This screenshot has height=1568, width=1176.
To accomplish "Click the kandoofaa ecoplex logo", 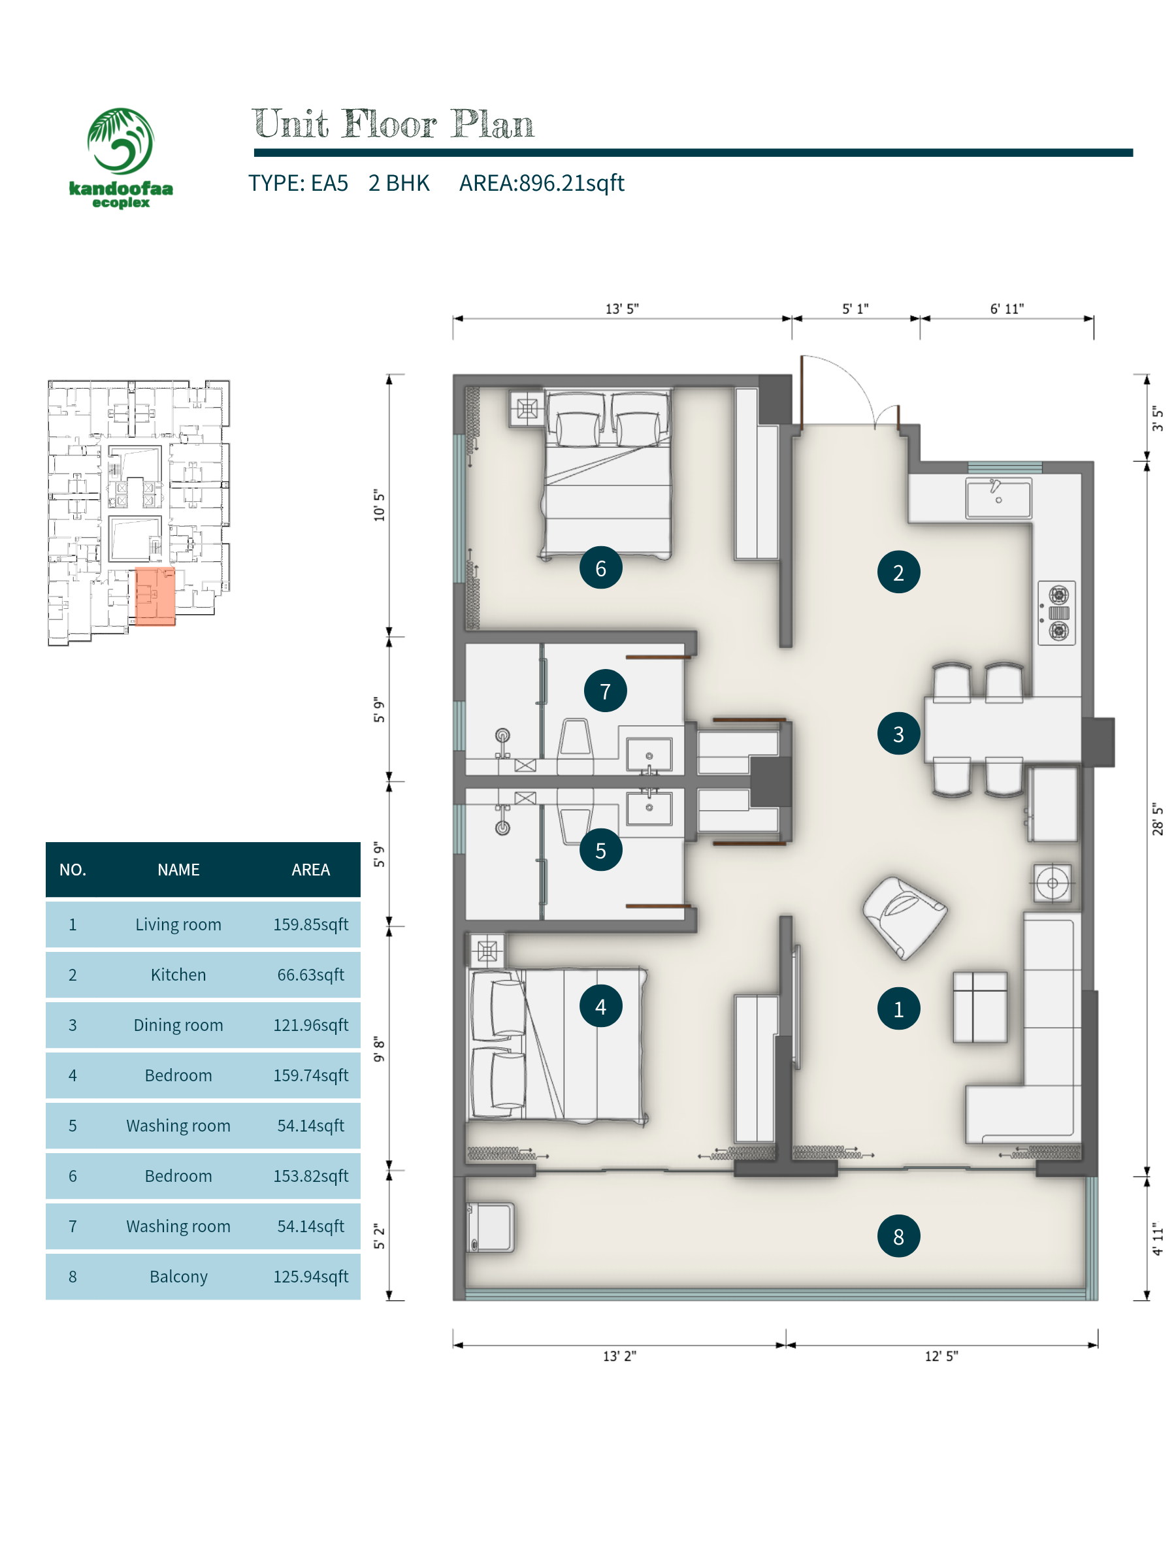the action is (x=120, y=157).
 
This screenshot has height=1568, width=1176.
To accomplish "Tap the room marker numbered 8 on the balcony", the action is (x=898, y=1236).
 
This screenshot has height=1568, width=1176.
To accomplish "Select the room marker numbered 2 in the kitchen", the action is (x=898, y=572).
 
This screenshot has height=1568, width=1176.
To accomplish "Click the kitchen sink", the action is (x=998, y=498).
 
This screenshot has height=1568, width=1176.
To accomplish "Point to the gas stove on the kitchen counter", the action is (x=1056, y=613).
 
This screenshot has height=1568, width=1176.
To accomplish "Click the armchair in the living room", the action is (x=904, y=917).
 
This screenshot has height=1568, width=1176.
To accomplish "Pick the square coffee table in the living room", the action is (x=979, y=1007).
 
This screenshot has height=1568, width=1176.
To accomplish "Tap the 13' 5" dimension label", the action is (x=622, y=309).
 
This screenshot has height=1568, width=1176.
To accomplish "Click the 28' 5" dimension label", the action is (x=1158, y=819).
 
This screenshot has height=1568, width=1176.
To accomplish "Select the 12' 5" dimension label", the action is (x=941, y=1356).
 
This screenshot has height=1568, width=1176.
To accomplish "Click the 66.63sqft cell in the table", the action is (x=310, y=975).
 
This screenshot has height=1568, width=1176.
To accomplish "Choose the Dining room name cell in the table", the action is (x=178, y=1025).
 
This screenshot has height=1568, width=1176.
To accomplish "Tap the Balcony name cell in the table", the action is (x=178, y=1277).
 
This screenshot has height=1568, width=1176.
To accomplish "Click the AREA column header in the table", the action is (x=310, y=870).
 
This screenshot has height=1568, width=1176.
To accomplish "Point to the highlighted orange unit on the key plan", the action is (x=155, y=596).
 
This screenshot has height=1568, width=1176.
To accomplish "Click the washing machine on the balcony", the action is (x=491, y=1227).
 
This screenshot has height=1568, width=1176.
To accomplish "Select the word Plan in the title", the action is (x=492, y=124).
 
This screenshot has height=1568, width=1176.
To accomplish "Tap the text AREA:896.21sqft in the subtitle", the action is (x=542, y=183).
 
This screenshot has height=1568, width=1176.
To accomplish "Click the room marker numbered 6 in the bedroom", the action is (x=600, y=568).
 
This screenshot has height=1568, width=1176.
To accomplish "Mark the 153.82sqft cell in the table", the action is (x=310, y=1176).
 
